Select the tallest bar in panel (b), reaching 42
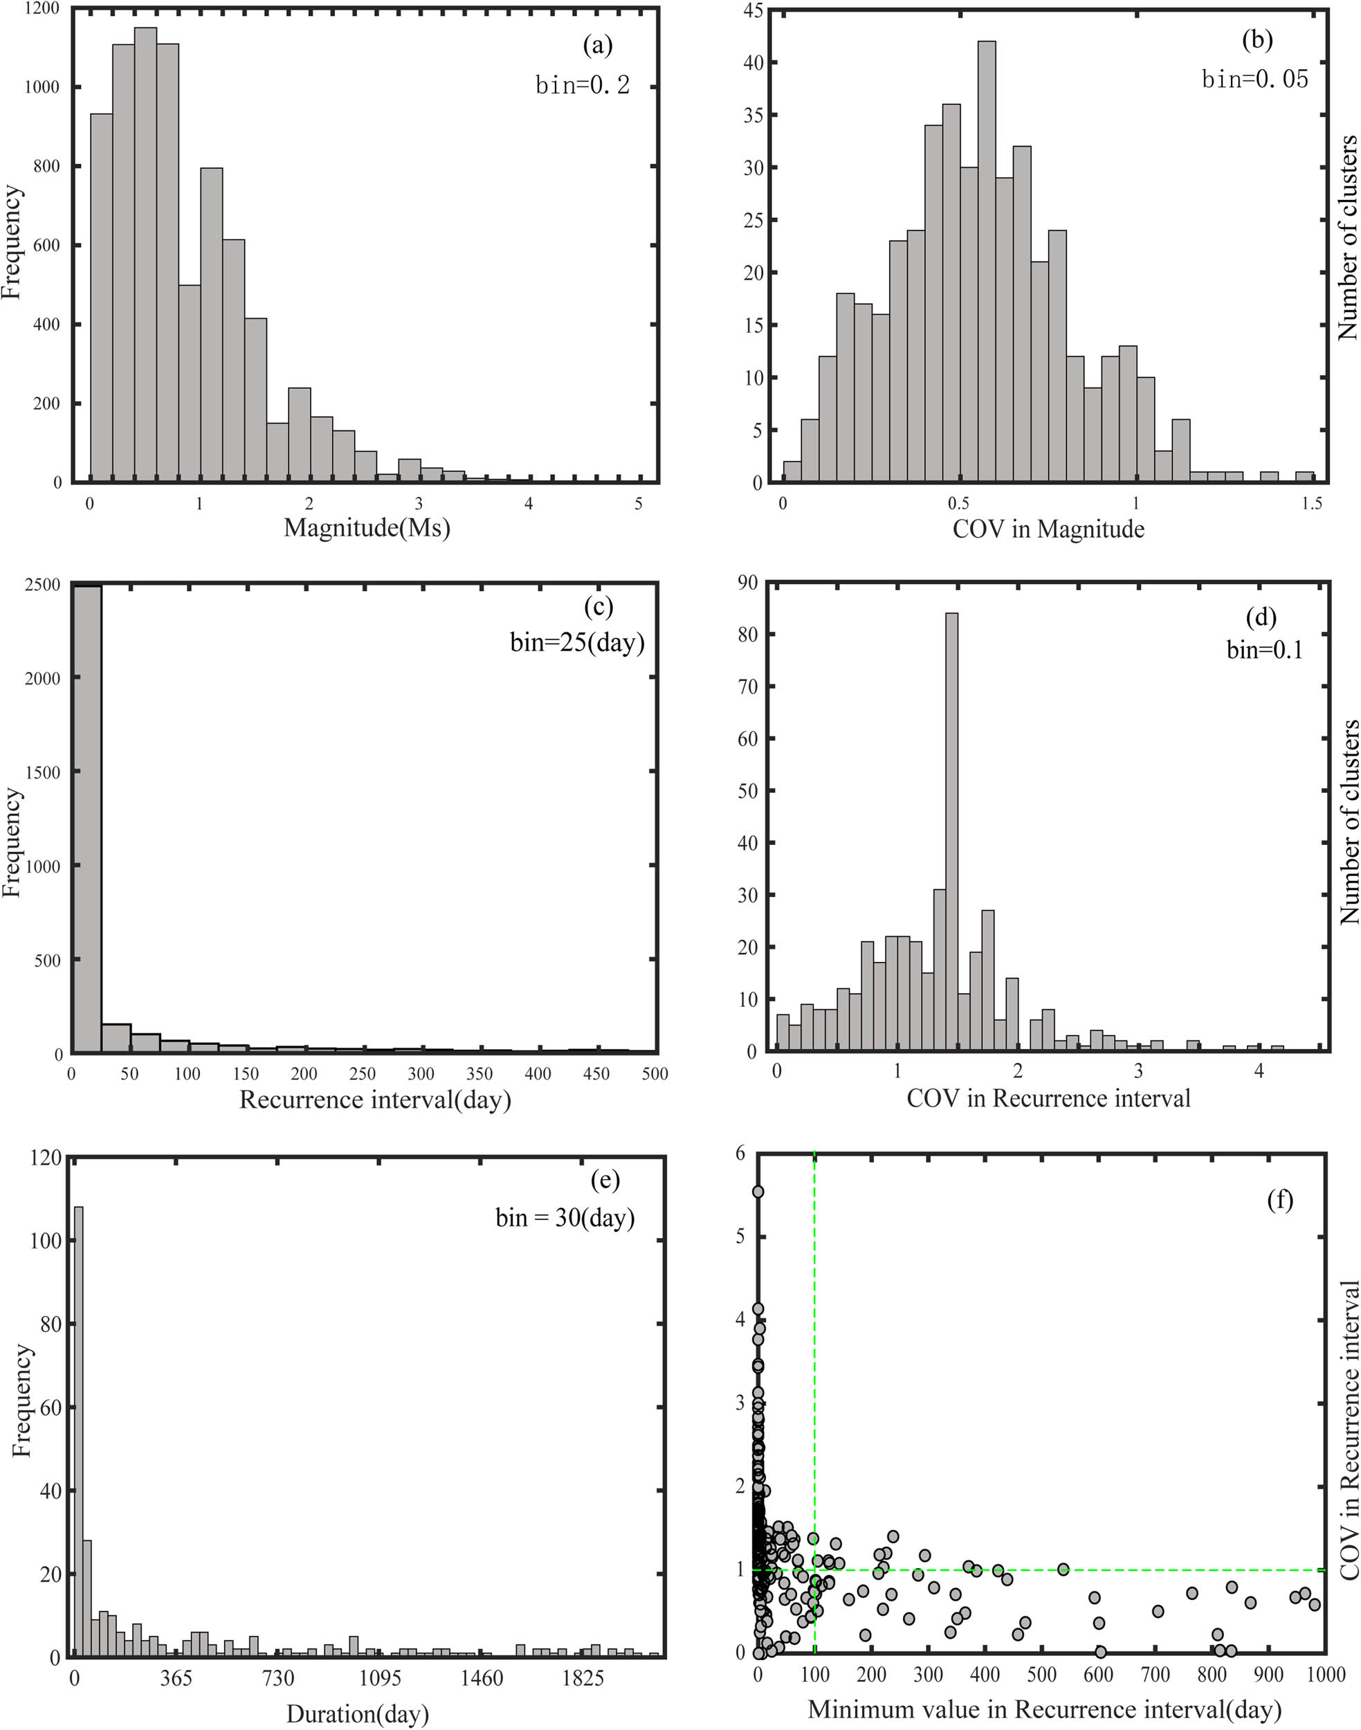click(x=987, y=263)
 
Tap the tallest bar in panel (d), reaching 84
click(x=951, y=832)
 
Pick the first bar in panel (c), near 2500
click(x=87, y=821)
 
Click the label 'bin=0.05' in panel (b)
click(x=1254, y=79)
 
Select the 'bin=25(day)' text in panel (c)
click(x=577, y=641)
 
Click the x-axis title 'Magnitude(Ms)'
click(x=367, y=528)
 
